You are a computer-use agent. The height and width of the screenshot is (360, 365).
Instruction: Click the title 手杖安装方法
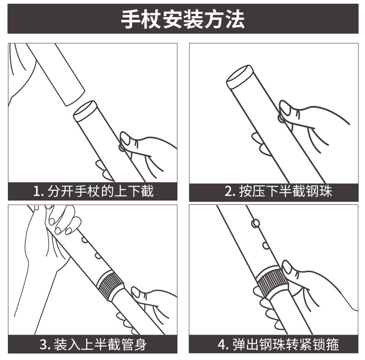(183, 19)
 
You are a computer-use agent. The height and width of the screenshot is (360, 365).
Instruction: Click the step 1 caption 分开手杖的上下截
(101, 191)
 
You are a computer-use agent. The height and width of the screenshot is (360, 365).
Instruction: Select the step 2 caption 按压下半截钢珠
(286, 191)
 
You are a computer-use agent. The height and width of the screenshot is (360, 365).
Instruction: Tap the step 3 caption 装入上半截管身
(100, 344)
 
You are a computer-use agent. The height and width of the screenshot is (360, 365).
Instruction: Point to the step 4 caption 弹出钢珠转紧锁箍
(286, 344)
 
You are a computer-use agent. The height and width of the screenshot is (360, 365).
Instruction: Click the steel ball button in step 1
(121, 147)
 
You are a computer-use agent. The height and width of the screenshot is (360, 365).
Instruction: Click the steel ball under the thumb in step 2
(281, 118)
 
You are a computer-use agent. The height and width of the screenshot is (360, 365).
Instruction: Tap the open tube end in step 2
(240, 77)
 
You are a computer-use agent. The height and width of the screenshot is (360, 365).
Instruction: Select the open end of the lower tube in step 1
(85, 111)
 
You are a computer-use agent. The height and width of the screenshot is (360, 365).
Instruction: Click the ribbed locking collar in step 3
(110, 285)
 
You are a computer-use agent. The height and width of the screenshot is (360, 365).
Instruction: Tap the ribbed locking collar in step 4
(271, 281)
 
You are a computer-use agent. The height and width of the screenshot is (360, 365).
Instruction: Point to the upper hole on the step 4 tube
(255, 223)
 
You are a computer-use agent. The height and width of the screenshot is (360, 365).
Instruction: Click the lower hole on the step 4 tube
(266, 245)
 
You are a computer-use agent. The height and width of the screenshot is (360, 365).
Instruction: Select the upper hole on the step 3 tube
(84, 240)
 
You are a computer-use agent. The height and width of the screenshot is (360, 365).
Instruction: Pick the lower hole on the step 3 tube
(98, 256)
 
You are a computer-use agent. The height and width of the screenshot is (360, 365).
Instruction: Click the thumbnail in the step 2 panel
(285, 108)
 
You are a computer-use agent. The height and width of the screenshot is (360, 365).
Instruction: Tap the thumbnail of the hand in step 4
(287, 267)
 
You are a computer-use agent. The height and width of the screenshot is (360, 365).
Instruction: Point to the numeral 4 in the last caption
(221, 344)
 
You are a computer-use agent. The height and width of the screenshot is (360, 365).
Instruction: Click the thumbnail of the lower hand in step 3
(136, 292)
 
